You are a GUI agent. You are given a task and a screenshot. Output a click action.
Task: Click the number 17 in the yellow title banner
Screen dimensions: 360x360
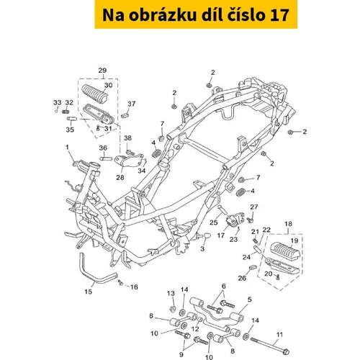coord(279,15)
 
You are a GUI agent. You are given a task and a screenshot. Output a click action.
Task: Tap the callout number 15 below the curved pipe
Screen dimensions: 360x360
coord(88,292)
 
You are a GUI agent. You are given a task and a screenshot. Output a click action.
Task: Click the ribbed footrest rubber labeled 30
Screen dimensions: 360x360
coord(94,93)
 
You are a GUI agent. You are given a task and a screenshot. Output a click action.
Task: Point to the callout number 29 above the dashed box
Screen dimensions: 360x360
coord(102,71)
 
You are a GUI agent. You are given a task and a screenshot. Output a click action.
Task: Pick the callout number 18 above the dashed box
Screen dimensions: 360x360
coord(288,224)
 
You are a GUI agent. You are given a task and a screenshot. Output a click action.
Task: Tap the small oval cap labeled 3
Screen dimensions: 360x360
coord(207,236)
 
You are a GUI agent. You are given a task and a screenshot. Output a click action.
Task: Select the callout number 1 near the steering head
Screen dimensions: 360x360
coord(67,147)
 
